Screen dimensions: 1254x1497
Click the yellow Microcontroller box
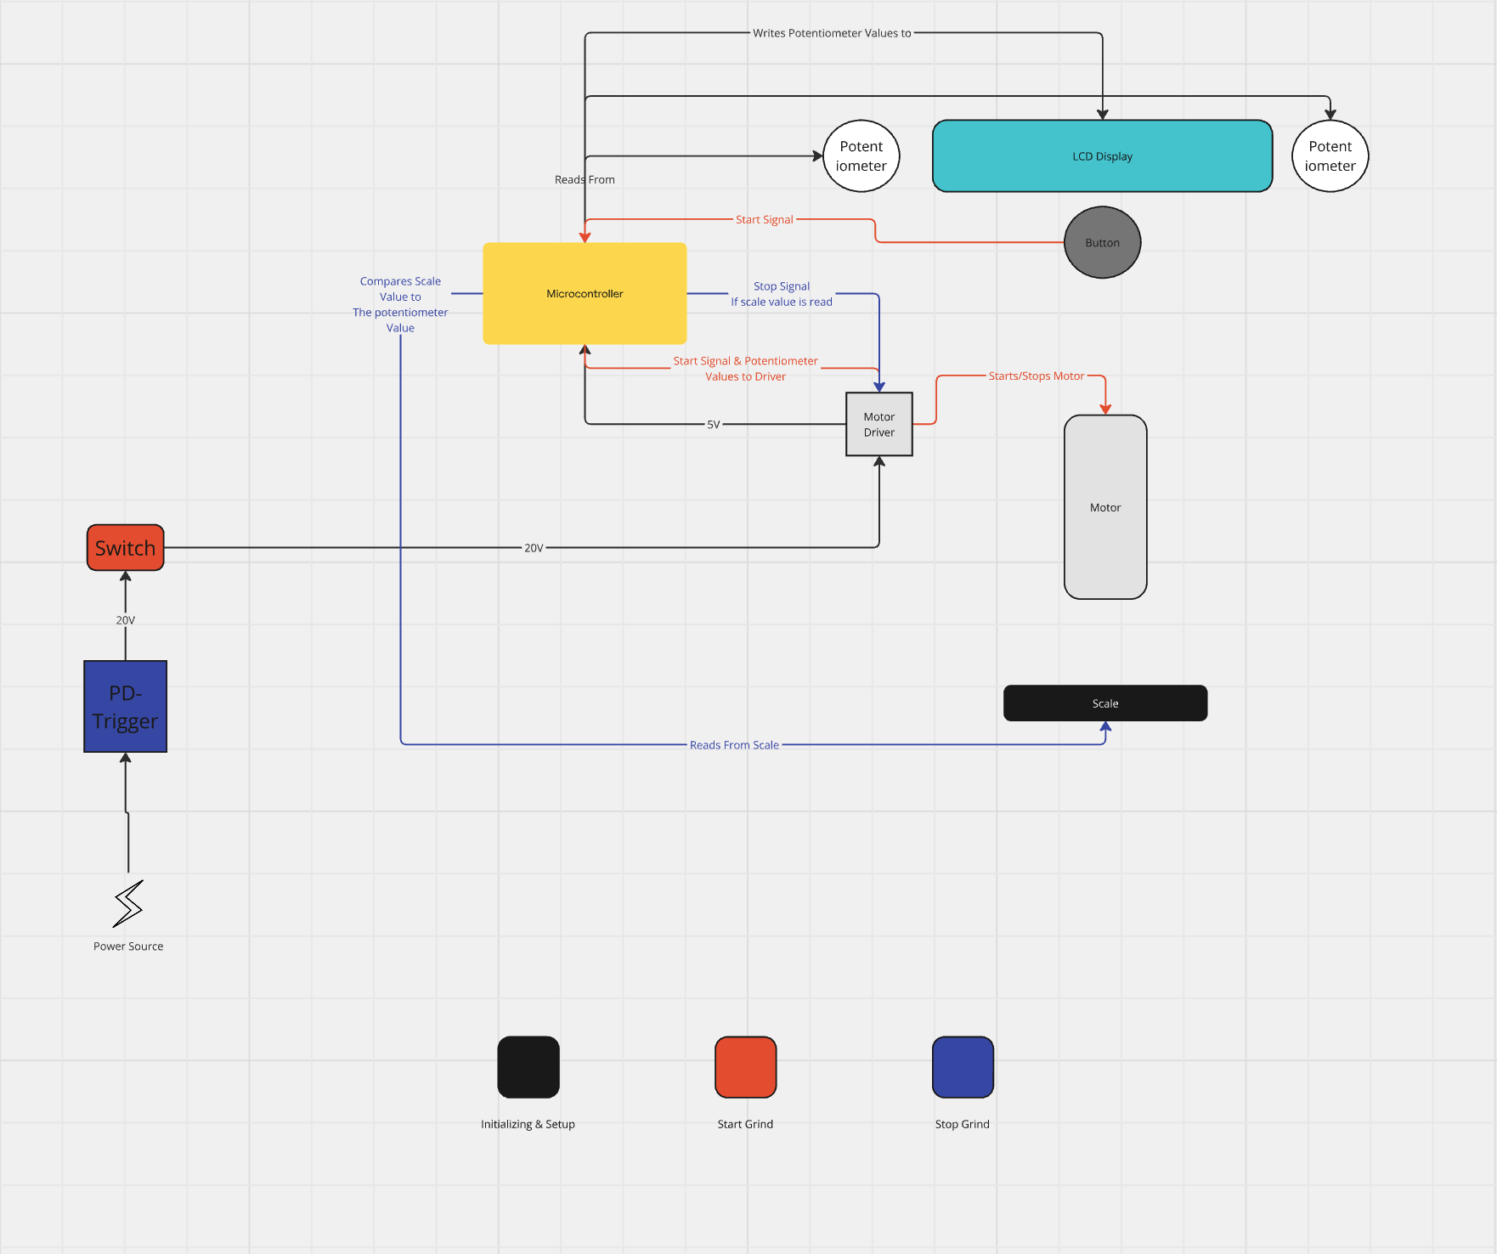click(x=585, y=293)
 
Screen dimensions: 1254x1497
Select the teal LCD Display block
click(x=1102, y=156)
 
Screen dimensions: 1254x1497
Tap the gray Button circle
click(x=1102, y=243)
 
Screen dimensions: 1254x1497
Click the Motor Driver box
click(x=878, y=424)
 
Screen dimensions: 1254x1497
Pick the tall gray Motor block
click(x=1104, y=507)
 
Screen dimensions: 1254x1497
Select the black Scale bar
click(x=1104, y=703)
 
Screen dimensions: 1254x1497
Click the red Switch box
click(x=125, y=548)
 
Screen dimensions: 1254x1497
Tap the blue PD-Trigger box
click(x=125, y=707)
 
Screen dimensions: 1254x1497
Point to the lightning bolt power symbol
click(x=128, y=903)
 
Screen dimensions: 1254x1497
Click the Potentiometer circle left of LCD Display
click(x=861, y=156)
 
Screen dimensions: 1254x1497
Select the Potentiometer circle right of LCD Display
click(x=1330, y=156)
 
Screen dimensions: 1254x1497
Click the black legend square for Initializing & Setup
click(x=528, y=1067)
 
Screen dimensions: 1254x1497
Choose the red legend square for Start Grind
click(x=745, y=1067)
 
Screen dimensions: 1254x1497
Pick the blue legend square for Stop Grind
click(x=963, y=1067)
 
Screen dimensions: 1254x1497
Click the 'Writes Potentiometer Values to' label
click(x=831, y=33)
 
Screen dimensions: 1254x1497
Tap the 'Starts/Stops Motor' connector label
click(x=1036, y=376)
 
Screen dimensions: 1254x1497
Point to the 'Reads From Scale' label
click(x=734, y=745)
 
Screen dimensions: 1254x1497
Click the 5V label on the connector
click(x=713, y=424)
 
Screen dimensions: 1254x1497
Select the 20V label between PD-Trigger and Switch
click(x=125, y=620)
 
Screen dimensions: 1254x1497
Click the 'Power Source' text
click(x=128, y=946)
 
